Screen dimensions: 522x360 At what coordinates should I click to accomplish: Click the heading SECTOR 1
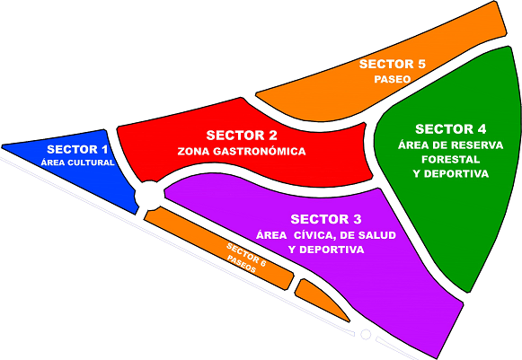pos(77,149)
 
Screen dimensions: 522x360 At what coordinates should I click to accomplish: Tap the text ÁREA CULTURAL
pos(77,162)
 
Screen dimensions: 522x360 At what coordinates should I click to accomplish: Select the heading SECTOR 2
pos(242,136)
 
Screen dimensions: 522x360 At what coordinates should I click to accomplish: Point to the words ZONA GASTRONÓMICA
pos(242,151)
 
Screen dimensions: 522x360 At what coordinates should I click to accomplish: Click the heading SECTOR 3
pos(326,219)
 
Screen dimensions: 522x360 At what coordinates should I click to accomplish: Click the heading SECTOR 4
pos(451,129)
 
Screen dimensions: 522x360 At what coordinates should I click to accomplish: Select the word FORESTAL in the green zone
pos(451,160)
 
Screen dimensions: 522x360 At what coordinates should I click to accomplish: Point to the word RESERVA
pos(477,145)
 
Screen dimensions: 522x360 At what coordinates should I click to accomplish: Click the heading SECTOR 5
pos(392,64)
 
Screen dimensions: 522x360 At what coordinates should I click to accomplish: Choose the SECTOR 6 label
pos(246,255)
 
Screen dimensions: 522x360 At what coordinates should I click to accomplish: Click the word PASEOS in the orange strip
pos(242,264)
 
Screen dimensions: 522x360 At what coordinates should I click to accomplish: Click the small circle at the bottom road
pos(366,334)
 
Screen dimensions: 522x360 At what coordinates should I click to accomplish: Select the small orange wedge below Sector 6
pos(319,298)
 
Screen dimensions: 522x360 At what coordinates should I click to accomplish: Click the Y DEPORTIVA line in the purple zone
pos(326,250)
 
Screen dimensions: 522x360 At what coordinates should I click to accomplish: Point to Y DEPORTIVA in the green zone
pos(451,173)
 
